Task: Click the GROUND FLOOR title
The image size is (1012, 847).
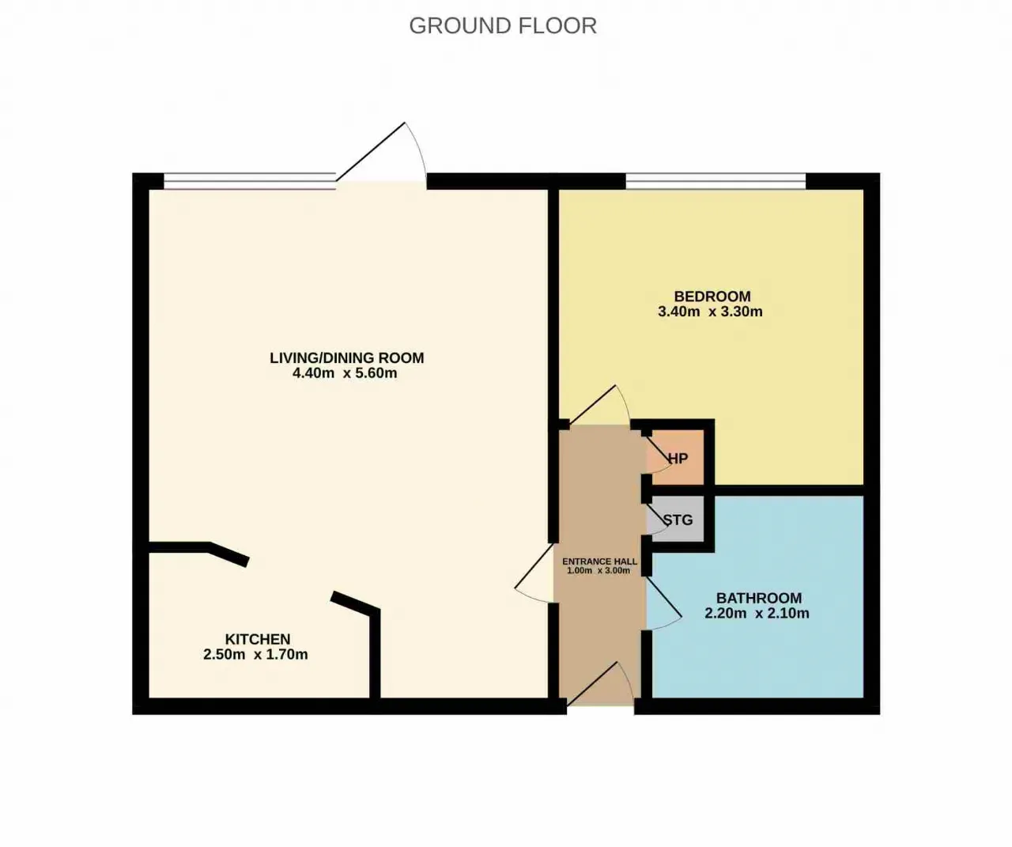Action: [x=503, y=25]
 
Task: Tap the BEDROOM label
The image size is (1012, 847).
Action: [x=712, y=297]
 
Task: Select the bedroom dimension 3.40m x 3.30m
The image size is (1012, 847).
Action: [x=710, y=312]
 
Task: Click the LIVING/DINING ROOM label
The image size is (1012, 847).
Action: [x=347, y=357]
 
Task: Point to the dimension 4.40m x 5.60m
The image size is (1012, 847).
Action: [x=345, y=372]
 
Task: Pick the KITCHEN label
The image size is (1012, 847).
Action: [x=258, y=639]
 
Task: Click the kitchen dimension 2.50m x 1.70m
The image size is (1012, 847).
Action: [x=255, y=654]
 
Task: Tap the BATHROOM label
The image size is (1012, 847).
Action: [x=759, y=598]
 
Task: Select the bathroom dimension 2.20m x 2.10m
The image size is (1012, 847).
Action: [x=757, y=613]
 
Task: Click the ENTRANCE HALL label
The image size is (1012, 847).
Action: [x=599, y=562]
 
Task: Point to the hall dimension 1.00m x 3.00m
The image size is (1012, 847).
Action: [x=599, y=570]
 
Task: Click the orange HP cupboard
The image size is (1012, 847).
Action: [x=677, y=456]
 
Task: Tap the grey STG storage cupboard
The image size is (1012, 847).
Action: [x=675, y=519]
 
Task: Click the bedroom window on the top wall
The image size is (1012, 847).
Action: [x=716, y=181]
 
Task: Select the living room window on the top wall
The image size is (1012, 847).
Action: [x=250, y=181]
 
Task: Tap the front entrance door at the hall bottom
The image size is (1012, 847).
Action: [x=600, y=685]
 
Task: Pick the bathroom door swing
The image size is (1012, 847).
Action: [x=664, y=603]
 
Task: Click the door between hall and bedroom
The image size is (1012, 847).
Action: [x=599, y=406]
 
